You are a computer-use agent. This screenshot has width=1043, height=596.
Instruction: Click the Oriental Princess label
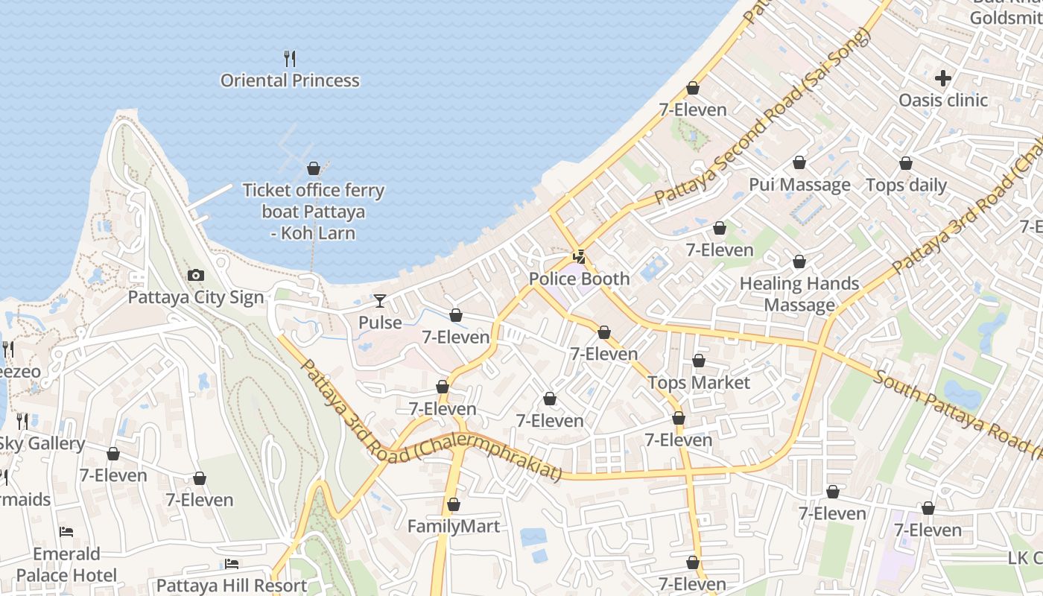tap(290, 80)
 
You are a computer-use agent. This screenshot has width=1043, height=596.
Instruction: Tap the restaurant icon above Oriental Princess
tap(290, 58)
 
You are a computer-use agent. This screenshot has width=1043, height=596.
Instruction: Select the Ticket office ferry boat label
tap(314, 212)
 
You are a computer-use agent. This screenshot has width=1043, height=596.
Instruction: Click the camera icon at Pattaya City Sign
tap(196, 276)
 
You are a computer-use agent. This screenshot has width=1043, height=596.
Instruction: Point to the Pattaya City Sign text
tap(196, 297)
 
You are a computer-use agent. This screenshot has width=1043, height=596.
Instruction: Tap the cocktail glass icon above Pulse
tap(380, 301)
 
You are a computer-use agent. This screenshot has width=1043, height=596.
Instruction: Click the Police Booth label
tap(579, 279)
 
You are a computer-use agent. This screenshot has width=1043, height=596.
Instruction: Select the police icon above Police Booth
tap(579, 257)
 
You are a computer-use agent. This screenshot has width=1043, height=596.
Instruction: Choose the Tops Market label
tap(698, 382)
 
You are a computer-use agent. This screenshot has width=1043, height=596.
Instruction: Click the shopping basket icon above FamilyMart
tap(453, 505)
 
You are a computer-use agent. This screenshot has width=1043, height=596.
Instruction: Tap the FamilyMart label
tap(453, 526)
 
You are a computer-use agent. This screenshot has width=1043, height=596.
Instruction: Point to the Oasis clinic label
tap(943, 100)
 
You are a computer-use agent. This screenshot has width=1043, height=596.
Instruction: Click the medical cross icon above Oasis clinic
tap(943, 77)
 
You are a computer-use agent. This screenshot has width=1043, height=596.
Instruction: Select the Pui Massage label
tap(799, 185)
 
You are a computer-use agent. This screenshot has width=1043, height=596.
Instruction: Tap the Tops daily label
tap(906, 185)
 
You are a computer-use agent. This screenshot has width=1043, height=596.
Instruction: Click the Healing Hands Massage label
tap(799, 294)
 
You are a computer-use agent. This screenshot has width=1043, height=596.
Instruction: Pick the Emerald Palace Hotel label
tap(66, 564)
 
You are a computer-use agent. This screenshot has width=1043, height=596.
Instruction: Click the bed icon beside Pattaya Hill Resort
tap(232, 564)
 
